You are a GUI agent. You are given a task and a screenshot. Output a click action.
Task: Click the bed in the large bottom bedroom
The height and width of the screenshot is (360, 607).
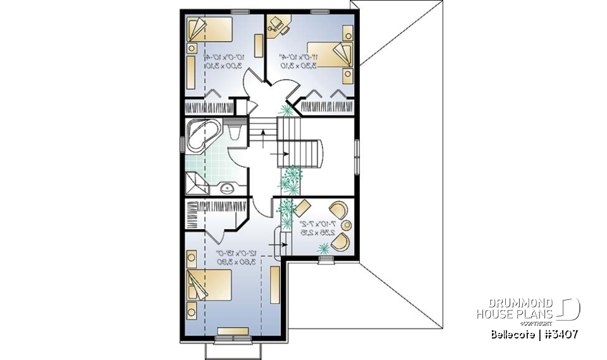click(209, 284)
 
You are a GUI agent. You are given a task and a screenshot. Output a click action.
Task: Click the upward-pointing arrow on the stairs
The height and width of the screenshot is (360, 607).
click(263, 133)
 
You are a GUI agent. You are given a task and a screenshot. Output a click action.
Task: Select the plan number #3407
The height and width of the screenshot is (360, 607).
click(556, 333)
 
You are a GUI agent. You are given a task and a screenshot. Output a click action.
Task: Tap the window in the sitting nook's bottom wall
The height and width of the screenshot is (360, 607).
click(325, 258)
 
